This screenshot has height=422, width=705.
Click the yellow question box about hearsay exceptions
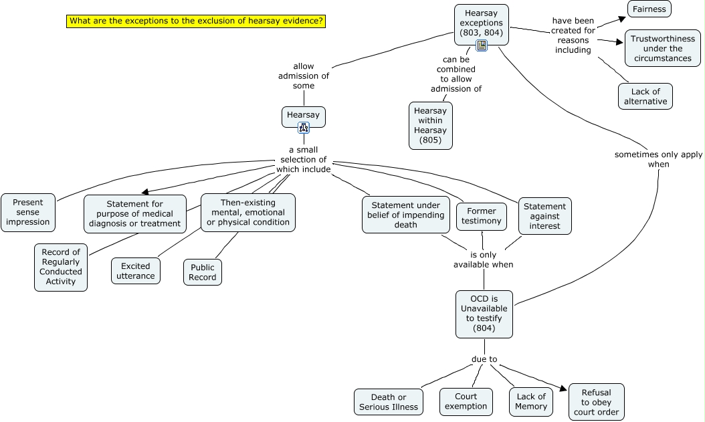tap(197, 21)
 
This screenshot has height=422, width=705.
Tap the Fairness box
tap(649, 9)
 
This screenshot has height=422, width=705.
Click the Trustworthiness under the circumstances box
tap(662, 48)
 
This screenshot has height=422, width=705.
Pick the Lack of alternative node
tap(645, 96)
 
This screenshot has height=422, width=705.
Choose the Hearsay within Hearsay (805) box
tap(430, 126)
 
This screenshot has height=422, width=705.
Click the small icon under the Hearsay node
tap(303, 128)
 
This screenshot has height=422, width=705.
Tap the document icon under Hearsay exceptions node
tap(481, 45)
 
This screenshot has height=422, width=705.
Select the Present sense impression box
tap(28, 213)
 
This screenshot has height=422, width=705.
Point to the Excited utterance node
tap(136, 271)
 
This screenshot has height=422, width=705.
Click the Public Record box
tap(203, 272)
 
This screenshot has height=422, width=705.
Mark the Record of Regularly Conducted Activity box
tap(61, 267)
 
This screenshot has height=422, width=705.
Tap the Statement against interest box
tap(544, 217)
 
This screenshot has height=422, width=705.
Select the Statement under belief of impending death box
tap(406, 215)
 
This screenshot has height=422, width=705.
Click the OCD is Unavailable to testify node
tap(484, 314)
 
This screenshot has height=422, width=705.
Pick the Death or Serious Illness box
tap(388, 402)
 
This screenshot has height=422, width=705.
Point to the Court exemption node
tap(466, 402)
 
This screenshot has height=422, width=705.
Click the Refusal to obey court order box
tap(596, 402)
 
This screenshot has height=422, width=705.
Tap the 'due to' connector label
tap(484, 359)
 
